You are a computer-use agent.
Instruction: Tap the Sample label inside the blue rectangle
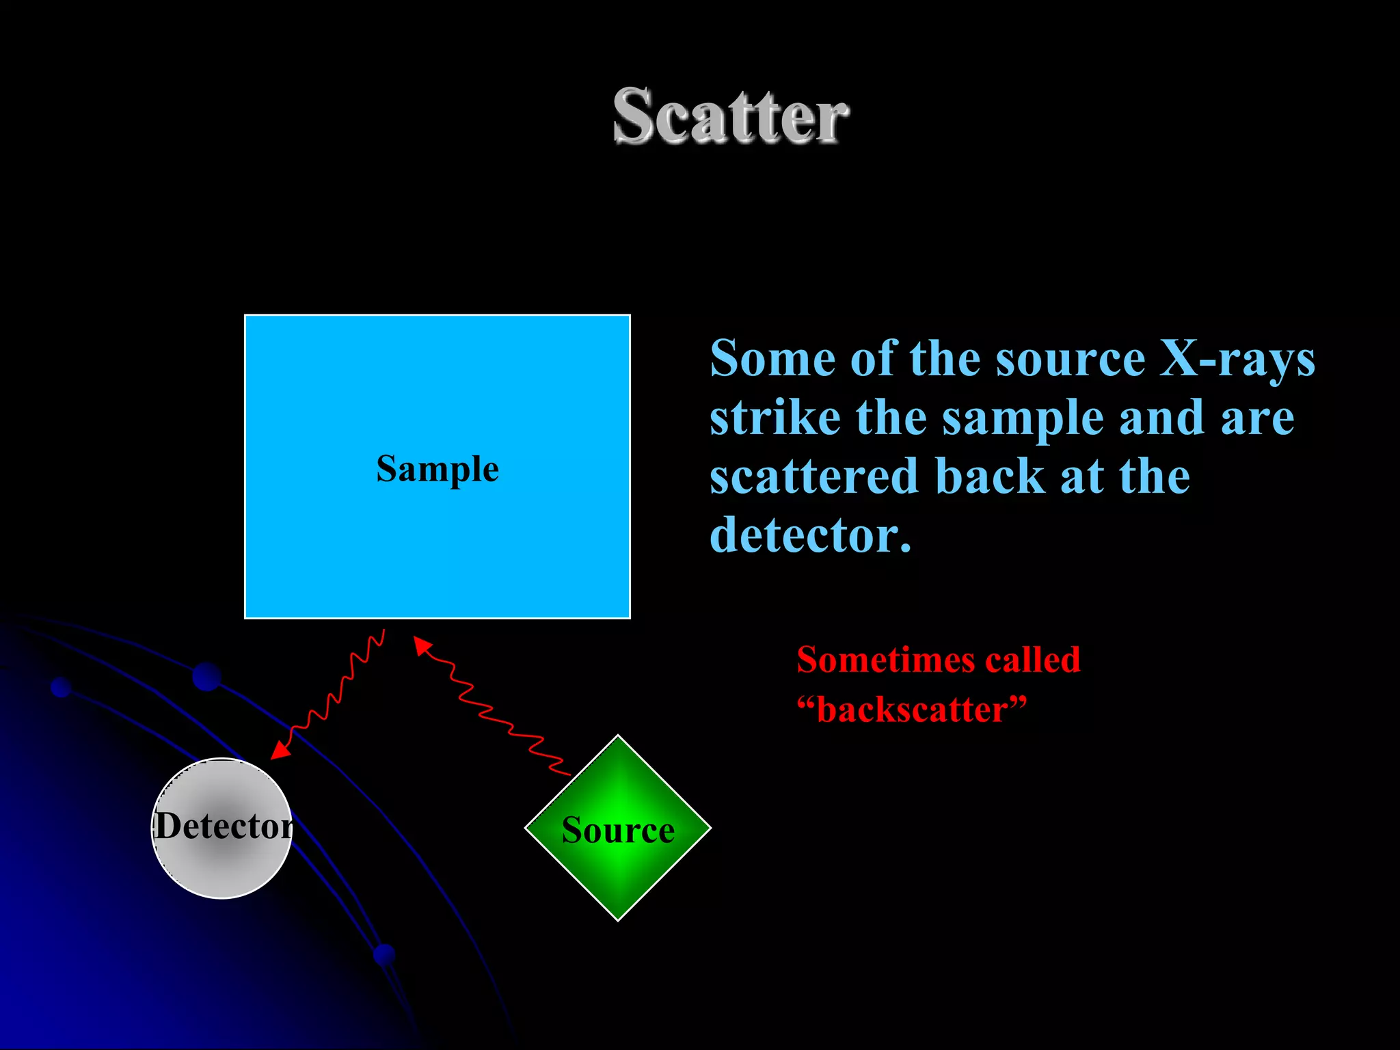(x=437, y=470)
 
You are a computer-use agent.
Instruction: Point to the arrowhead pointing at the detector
(x=280, y=751)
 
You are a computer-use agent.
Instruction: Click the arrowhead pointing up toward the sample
(x=421, y=645)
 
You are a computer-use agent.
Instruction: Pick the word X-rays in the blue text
(x=1237, y=359)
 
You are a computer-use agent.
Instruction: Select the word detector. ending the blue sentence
(x=810, y=535)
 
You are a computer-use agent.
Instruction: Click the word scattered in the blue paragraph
(x=813, y=476)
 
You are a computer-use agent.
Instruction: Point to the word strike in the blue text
(x=775, y=418)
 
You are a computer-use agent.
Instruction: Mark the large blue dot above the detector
(x=206, y=676)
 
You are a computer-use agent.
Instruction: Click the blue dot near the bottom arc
(x=384, y=954)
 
